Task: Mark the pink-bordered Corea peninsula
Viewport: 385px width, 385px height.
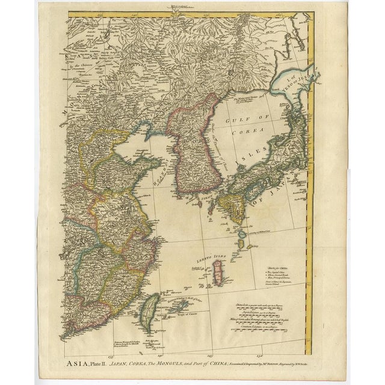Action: pos(189,150)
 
